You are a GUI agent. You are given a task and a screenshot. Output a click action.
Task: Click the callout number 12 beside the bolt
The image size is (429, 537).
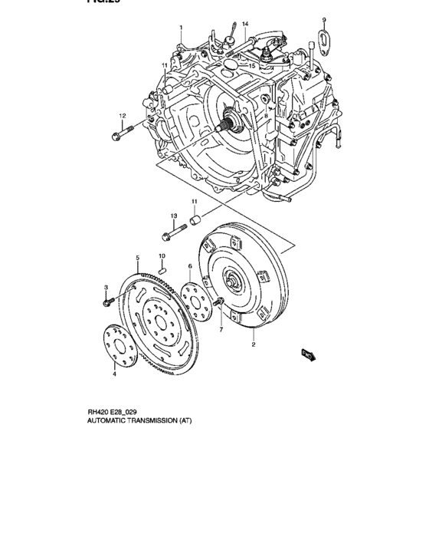coord(122,115)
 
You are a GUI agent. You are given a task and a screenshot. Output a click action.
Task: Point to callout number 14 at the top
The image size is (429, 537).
coord(246,25)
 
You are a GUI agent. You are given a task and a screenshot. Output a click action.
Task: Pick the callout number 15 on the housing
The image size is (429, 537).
coord(252,66)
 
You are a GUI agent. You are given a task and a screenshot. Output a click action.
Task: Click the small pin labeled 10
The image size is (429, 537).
coord(162,268)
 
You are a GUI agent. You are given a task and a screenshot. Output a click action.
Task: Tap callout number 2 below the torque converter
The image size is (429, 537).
coord(253,345)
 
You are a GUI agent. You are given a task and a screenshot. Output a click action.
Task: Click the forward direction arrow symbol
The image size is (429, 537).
coord(309,354)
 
